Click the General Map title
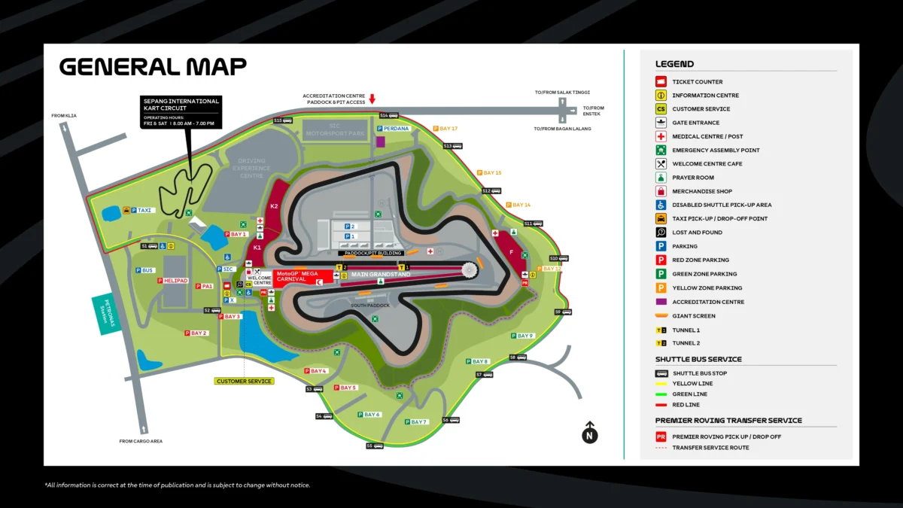coord(153,67)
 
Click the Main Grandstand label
coord(381,275)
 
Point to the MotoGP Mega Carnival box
coord(297,276)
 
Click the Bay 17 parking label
coord(445,129)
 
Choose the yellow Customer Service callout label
coord(245,382)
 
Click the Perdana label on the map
coord(395,129)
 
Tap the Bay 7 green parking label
coord(416,422)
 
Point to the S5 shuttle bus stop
coord(374,446)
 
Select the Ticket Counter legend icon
coord(661,81)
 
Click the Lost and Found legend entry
coord(697,233)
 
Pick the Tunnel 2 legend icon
coord(661,343)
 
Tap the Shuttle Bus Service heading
coord(698,360)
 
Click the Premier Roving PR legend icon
coord(661,437)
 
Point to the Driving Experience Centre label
coord(251,169)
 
